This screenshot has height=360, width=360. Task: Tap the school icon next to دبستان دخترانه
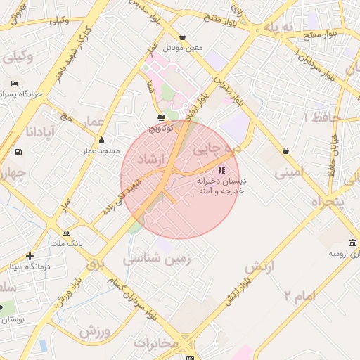pyautogui.click(x=221, y=170)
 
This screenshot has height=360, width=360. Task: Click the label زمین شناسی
pyautogui.click(x=152, y=259)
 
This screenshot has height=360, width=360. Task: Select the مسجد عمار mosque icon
pyautogui.click(x=102, y=139)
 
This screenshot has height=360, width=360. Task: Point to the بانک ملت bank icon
pyautogui.click(x=66, y=233)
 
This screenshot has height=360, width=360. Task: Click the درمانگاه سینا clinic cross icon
pyautogui.click(x=30, y=256)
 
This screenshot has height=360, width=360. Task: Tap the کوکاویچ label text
pyautogui.click(x=162, y=128)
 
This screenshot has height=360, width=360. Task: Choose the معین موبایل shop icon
pyautogui.click(x=183, y=37)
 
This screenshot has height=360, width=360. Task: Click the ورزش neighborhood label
pyautogui.click(x=96, y=329)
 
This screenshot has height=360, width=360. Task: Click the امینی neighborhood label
pyautogui.click(x=289, y=171)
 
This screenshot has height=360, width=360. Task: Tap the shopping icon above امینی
pyautogui.click(x=285, y=150)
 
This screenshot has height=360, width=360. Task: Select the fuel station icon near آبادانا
pyautogui.click(x=18, y=152)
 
